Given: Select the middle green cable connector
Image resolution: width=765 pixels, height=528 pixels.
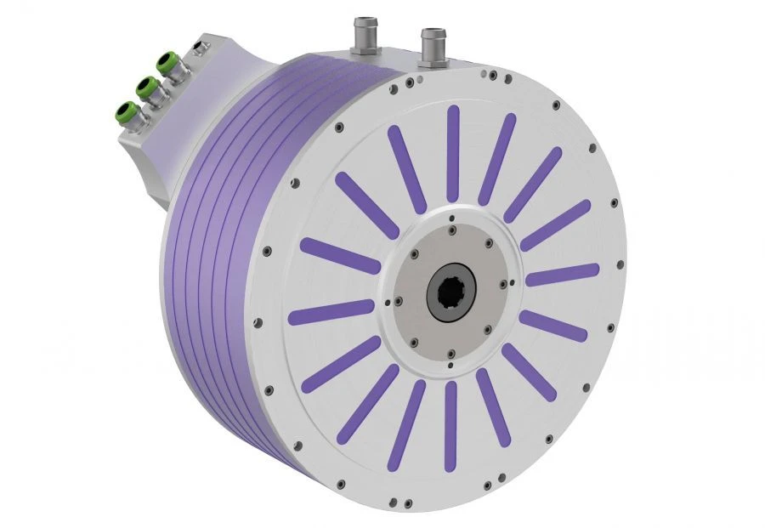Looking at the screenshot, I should (x=146, y=87).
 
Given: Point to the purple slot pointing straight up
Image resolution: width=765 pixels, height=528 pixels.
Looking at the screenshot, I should (x=453, y=153).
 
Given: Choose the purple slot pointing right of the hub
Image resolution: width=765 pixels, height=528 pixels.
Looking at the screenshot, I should (x=562, y=275).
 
